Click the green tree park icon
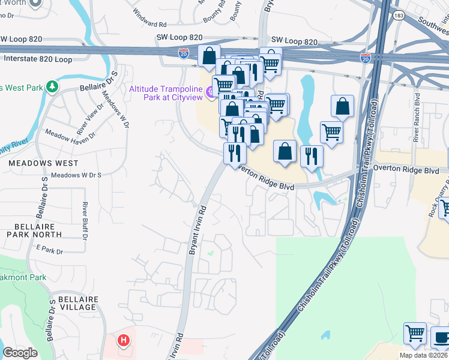click(53, 86)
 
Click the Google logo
click(20, 353)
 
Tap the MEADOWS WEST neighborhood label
click(43, 163)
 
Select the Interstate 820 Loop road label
click(46, 59)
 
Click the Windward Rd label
click(149, 24)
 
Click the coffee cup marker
click(441, 337)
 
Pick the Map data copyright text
click(424, 355)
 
